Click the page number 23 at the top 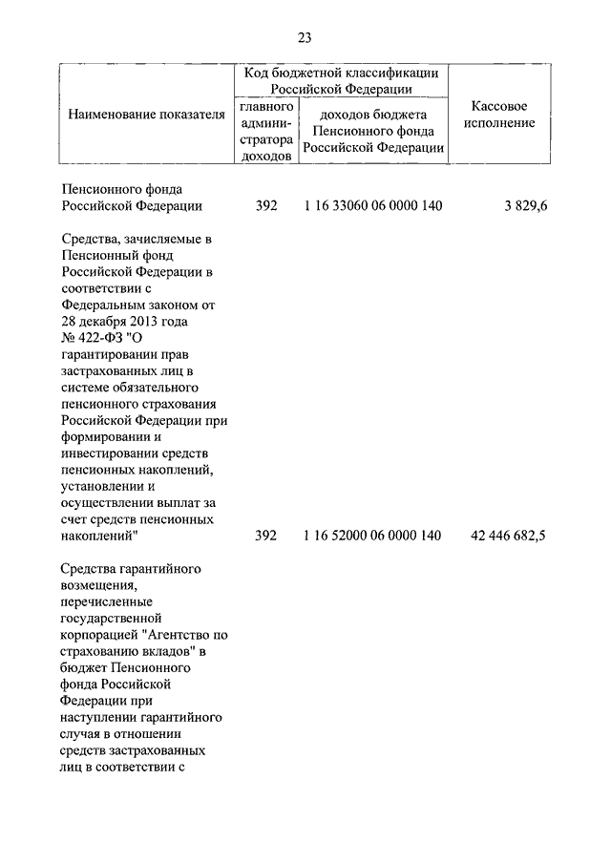[x=305, y=38]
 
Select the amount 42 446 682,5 [x=508, y=536]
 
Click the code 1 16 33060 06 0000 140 [x=372, y=205]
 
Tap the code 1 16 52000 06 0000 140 [x=372, y=536]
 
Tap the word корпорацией [x=103, y=634]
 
